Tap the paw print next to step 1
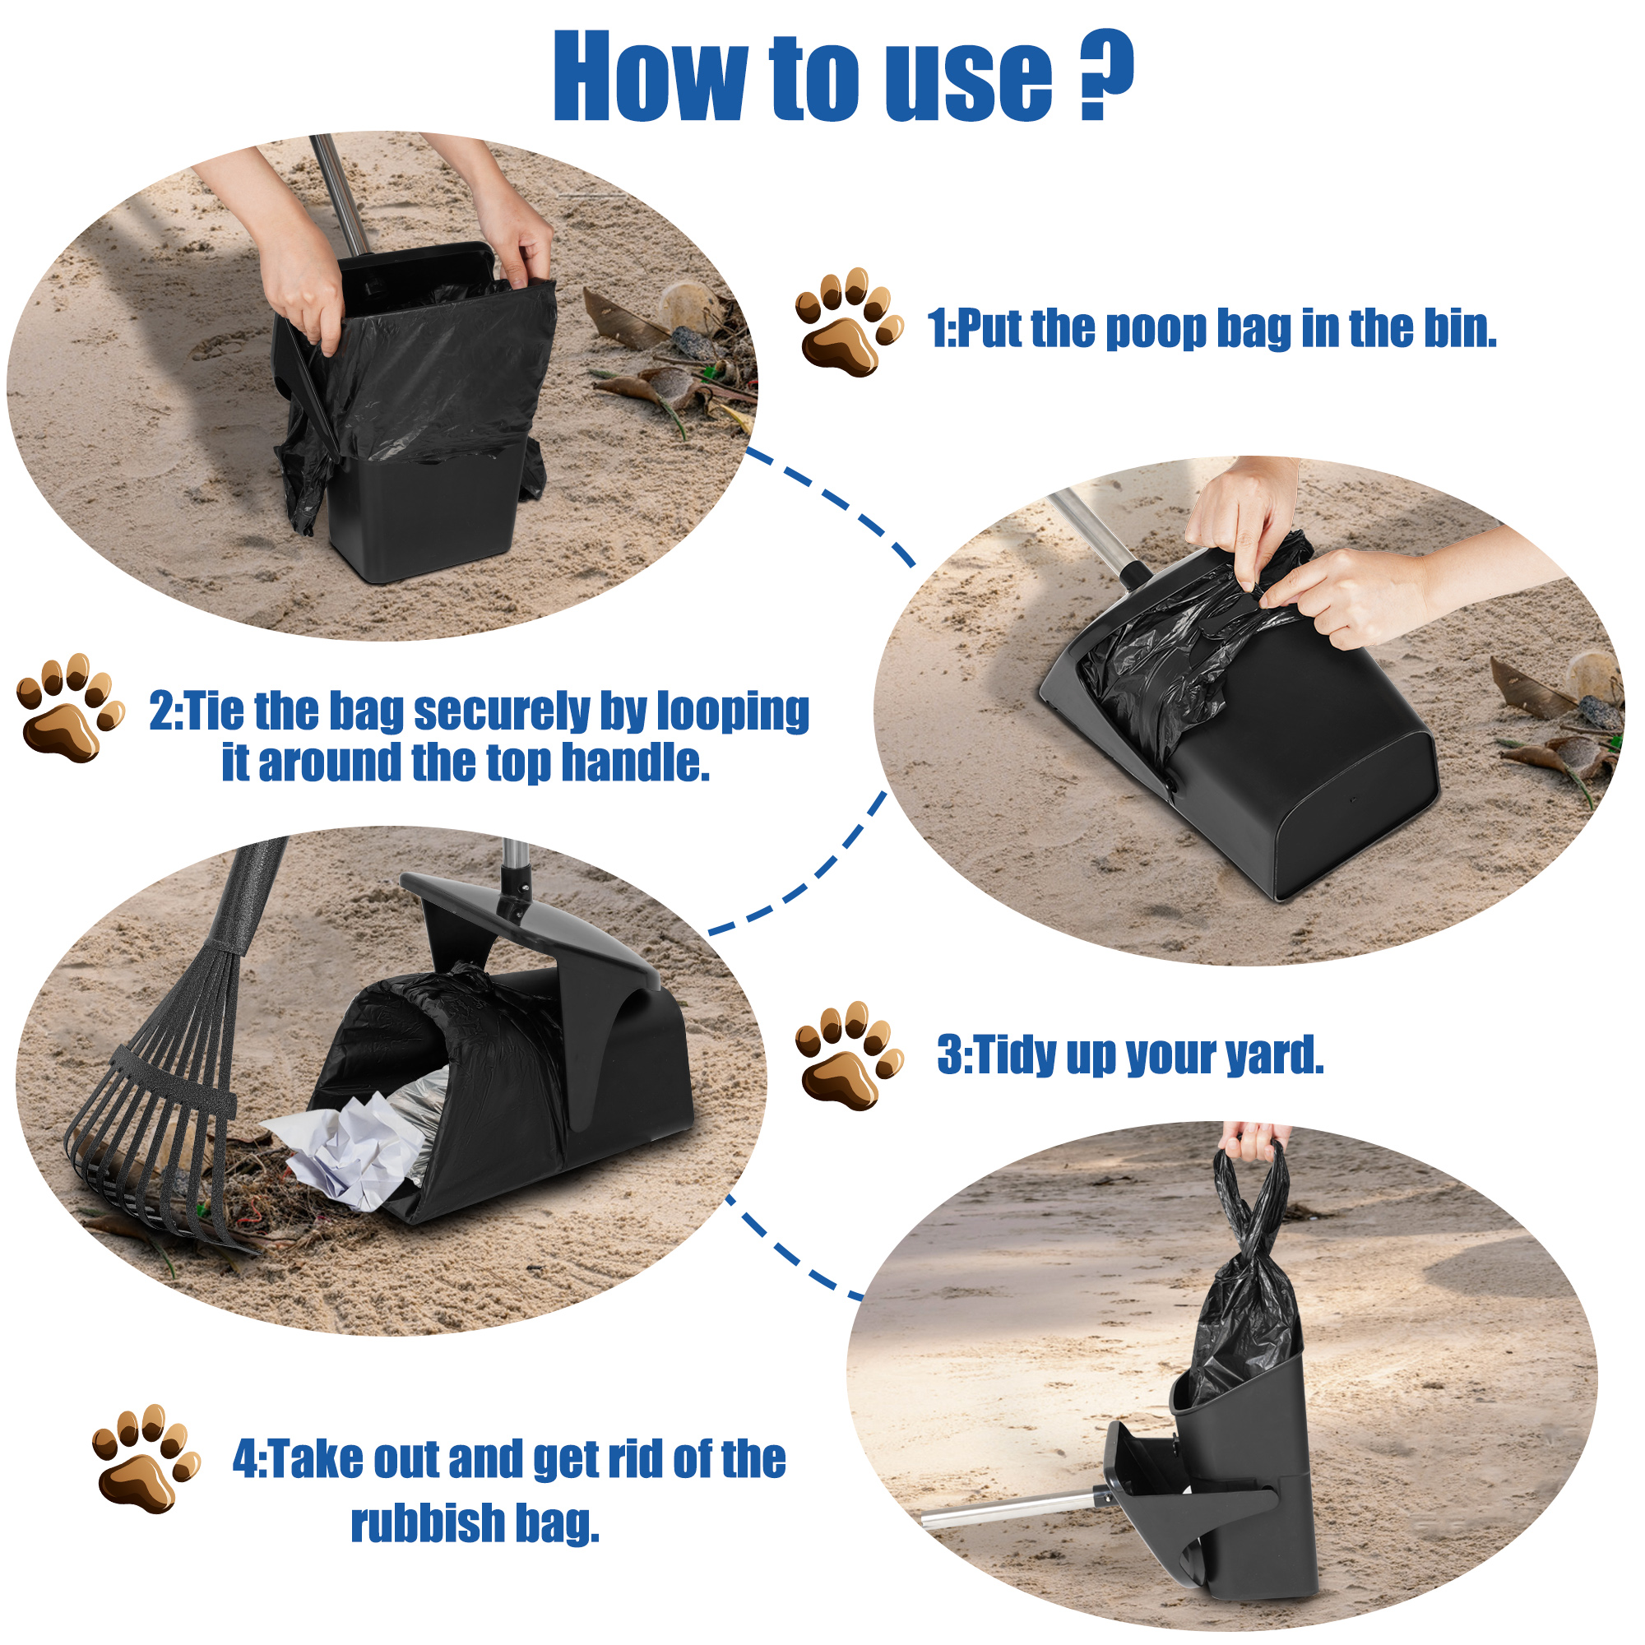846,322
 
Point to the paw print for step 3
846,1056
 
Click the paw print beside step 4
145,1459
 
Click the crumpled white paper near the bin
349,1151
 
